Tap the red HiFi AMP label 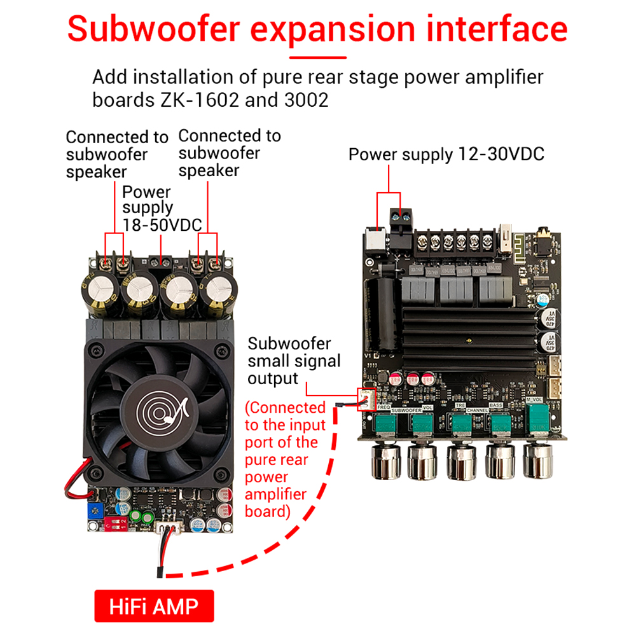point(154,606)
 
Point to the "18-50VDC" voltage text point(162,225)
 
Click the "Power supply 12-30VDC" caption point(446,155)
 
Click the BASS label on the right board point(496,404)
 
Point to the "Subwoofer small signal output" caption point(294,361)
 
